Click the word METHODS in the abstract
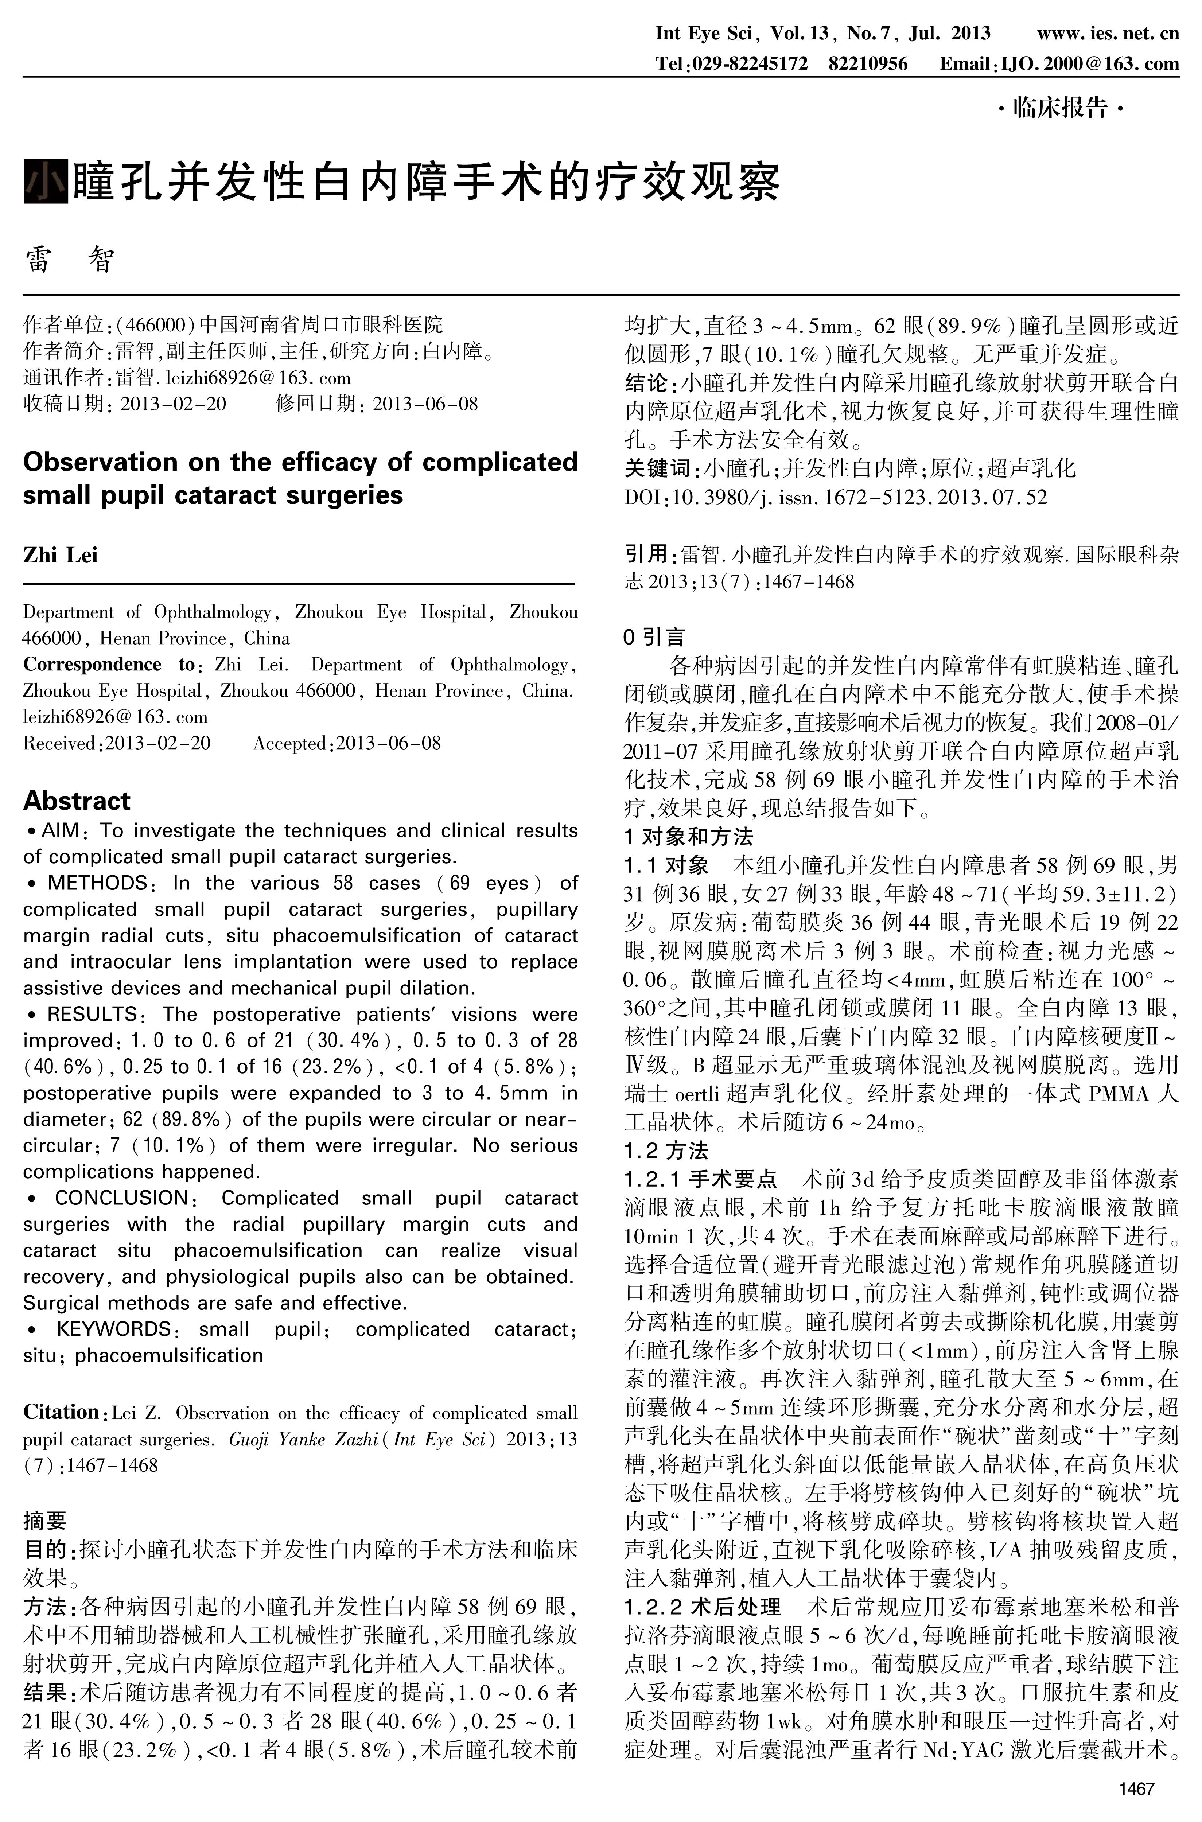(x=97, y=883)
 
